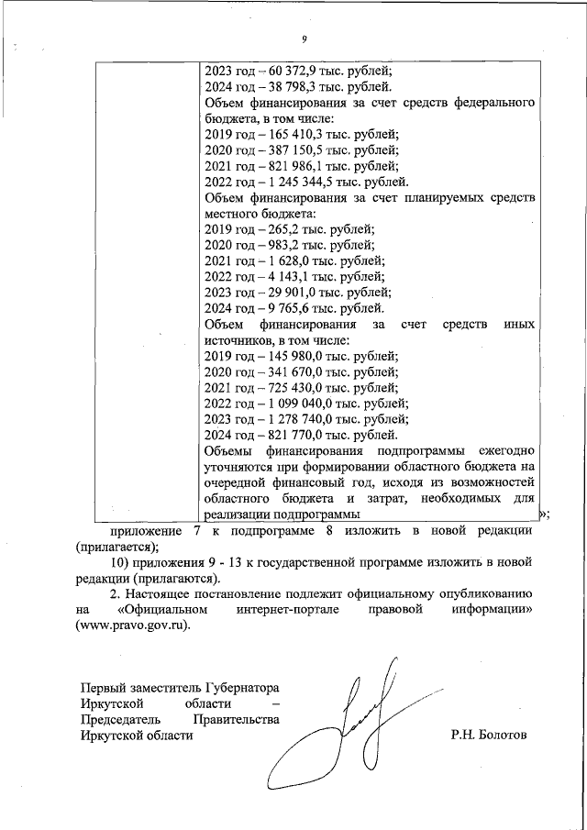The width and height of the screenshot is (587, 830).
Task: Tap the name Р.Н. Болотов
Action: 489,736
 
